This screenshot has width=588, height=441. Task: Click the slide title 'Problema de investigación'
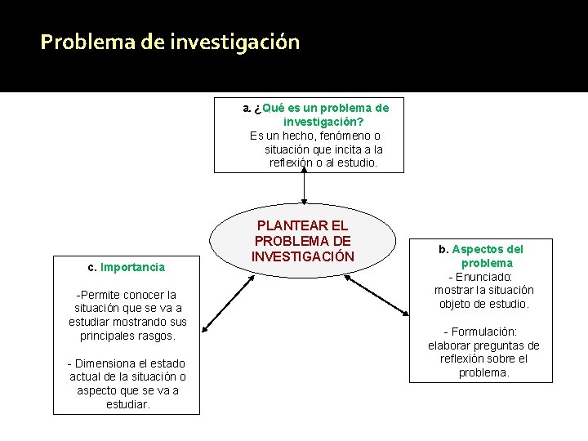tap(170, 42)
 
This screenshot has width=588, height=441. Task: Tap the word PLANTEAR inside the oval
tap(303, 225)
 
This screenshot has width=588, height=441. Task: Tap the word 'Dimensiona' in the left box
tap(109, 363)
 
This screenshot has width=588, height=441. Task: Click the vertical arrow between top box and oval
tap(305, 188)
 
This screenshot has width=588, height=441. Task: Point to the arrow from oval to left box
tap(228, 304)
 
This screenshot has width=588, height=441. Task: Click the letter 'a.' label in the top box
tap(247, 108)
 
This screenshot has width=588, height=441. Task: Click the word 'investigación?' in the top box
tap(323, 122)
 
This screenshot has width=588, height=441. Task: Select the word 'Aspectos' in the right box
tap(476, 249)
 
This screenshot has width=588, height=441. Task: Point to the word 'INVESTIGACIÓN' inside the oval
tap(303, 256)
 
